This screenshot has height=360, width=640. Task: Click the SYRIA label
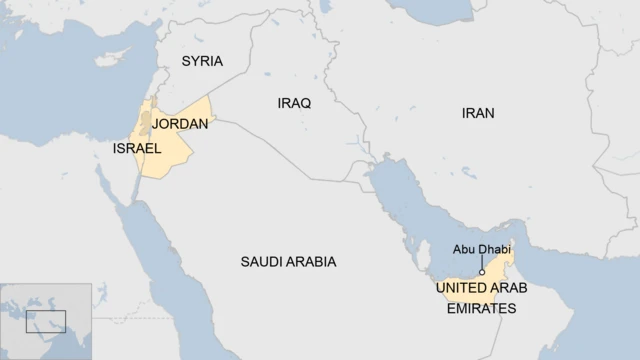202,61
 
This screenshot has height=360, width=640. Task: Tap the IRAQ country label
294,103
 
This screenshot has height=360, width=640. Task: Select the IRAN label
478,113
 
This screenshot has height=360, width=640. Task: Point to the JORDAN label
181,124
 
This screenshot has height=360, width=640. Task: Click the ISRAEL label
137,148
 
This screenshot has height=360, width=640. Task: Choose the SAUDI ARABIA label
288,261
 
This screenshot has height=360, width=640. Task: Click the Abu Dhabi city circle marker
482,270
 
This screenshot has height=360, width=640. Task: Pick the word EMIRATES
481,309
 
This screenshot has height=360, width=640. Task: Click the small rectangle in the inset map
45,321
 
